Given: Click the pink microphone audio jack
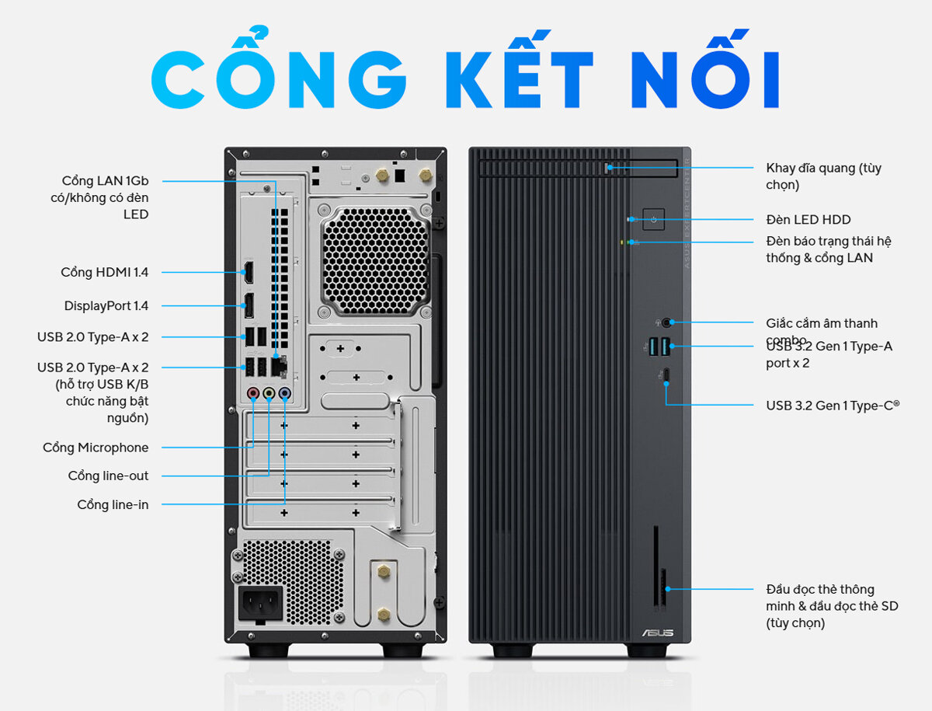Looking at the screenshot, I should pyautogui.click(x=252, y=394).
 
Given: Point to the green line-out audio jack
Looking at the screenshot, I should pyautogui.click(x=269, y=394).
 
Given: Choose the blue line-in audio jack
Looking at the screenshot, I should pyautogui.click(x=285, y=394).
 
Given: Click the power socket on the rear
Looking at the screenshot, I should pyautogui.click(x=259, y=602).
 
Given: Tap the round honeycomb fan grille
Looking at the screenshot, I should pyautogui.click(x=374, y=259).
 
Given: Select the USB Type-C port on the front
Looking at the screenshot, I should pyautogui.click(x=666, y=377).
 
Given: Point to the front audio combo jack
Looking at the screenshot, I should pyautogui.click(x=666, y=322).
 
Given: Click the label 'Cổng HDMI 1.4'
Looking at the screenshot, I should pyautogui.click(x=104, y=273).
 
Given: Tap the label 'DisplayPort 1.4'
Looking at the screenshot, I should pyautogui.click(x=106, y=306).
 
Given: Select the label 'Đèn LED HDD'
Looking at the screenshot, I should pyautogui.click(x=808, y=220).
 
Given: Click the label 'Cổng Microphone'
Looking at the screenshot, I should pyautogui.click(x=96, y=448).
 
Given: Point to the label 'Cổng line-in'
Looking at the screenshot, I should pyautogui.click(x=113, y=505).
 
